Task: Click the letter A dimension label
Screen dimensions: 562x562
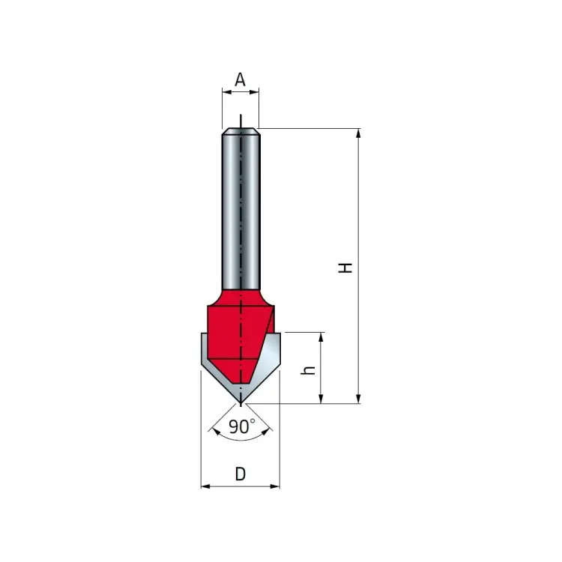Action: [x=240, y=79]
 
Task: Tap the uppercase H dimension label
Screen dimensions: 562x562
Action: [x=345, y=267]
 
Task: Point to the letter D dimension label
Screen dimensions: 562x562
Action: [x=240, y=474]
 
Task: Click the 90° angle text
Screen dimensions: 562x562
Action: [x=241, y=427]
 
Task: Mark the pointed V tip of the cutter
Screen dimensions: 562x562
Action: [x=240, y=402]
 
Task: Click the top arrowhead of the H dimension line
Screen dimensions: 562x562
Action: [x=359, y=133]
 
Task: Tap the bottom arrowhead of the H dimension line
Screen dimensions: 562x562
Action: [x=359, y=399]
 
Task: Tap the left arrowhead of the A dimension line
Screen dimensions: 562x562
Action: [x=226, y=92]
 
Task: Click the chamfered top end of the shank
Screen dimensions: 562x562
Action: [x=240, y=132]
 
